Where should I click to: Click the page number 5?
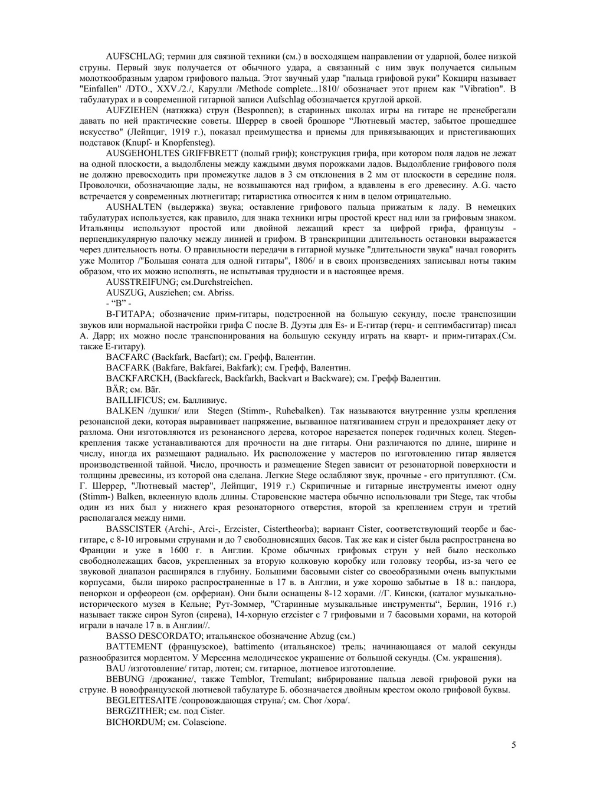513,745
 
